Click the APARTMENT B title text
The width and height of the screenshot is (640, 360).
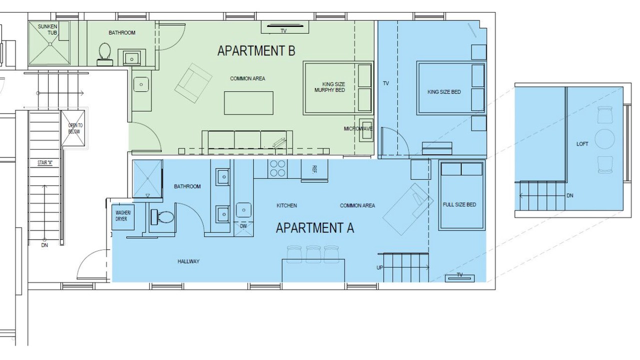click(256, 51)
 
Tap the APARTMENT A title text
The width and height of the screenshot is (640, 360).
click(315, 228)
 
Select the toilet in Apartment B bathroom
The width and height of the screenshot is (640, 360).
click(104, 54)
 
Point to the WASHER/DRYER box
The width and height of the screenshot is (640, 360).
click(123, 217)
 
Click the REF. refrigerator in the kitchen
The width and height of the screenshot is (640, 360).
click(314, 170)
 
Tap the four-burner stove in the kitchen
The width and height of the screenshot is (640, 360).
click(277, 168)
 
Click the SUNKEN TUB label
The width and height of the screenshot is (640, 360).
click(47, 29)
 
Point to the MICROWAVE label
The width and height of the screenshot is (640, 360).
click(358, 129)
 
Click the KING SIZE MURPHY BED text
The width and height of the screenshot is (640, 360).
click(329, 87)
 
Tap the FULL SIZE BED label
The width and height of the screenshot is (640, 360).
click(459, 204)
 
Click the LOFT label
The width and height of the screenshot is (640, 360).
click(582, 144)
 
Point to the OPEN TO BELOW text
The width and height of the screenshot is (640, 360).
click(74, 128)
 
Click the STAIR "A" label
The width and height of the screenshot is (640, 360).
click(45, 163)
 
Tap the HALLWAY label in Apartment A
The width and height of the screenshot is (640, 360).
click(188, 261)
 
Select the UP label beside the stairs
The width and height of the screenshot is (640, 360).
click(379, 267)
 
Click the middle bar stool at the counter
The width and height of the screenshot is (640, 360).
click(313, 254)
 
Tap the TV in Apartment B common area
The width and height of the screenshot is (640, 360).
click(285, 27)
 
